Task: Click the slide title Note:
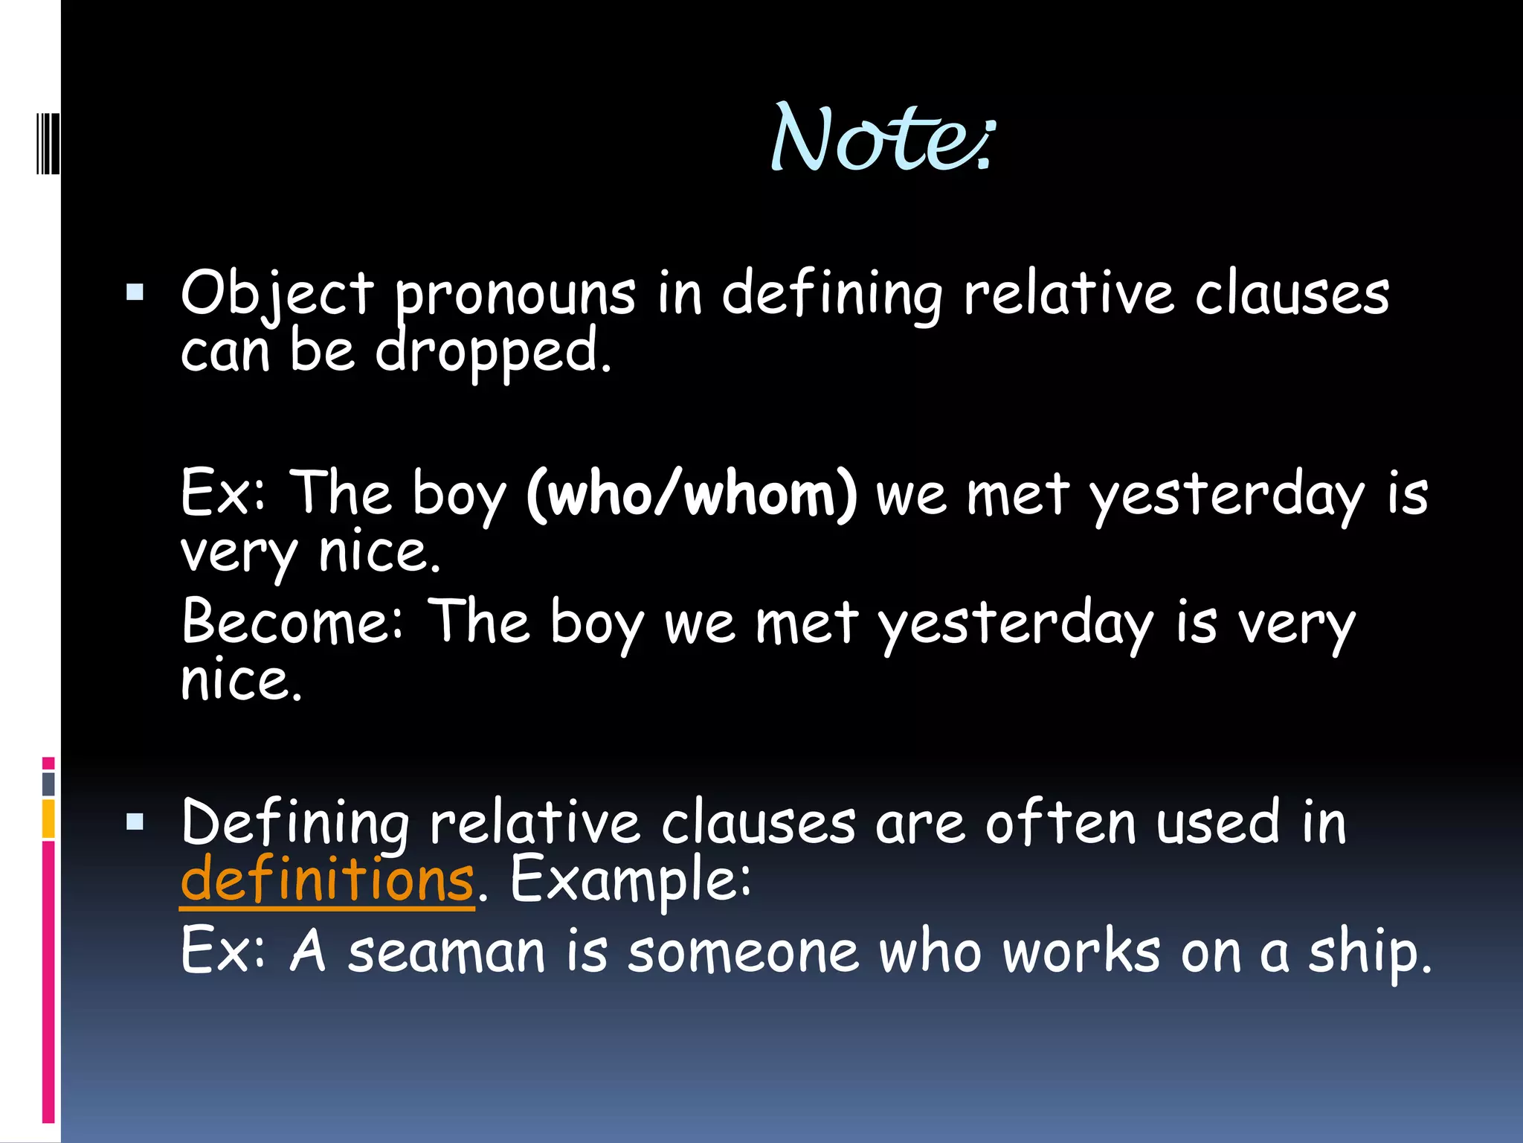(x=882, y=138)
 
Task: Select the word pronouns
(x=515, y=295)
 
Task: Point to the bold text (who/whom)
(x=692, y=494)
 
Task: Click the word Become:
(x=292, y=622)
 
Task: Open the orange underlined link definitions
(x=327, y=880)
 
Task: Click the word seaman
(x=446, y=952)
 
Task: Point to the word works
(x=1081, y=952)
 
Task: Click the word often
(x=1060, y=823)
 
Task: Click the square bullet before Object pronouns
(x=135, y=292)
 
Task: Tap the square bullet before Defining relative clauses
(x=135, y=822)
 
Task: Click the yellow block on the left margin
(x=48, y=819)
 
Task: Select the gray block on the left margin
(x=48, y=784)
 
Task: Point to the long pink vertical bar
(x=48, y=982)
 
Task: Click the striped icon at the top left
(x=48, y=141)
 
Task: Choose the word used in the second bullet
(x=1218, y=823)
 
